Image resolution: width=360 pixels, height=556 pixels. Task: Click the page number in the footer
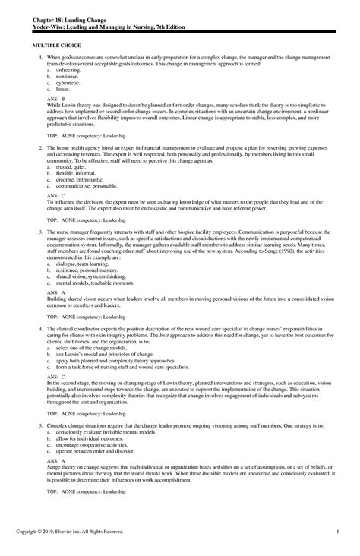click(336, 540)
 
